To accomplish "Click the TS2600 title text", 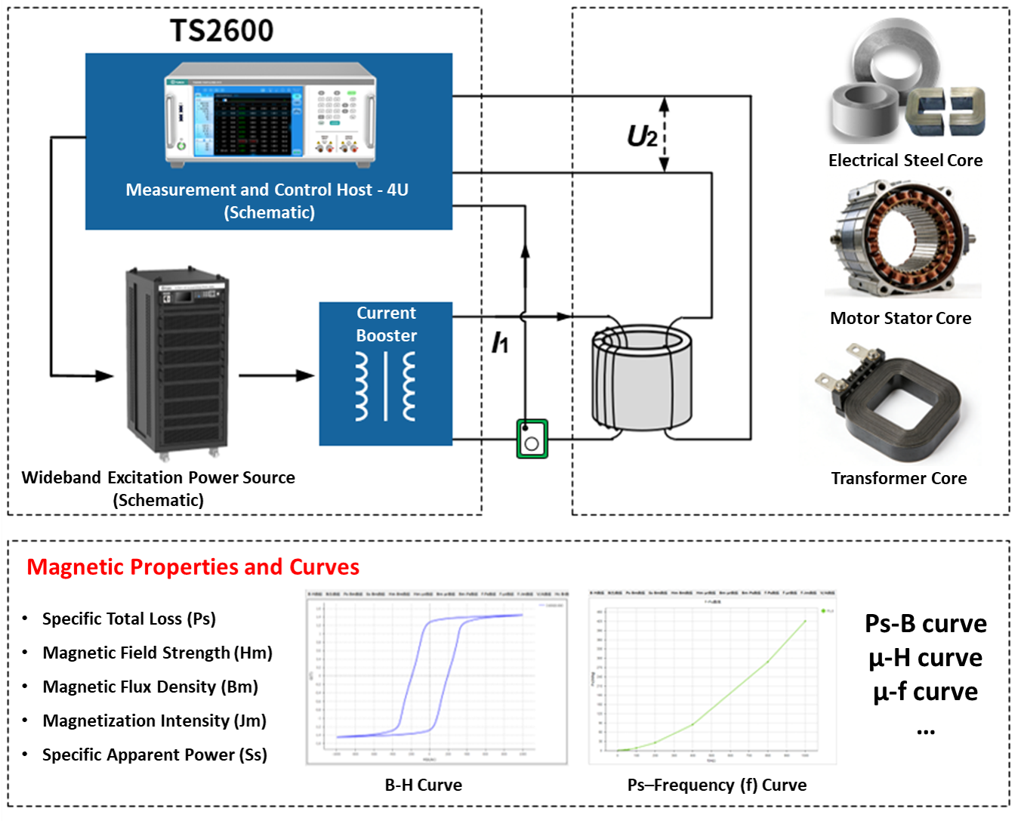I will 221,31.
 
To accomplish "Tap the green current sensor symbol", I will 532,439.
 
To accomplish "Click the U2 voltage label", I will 642,137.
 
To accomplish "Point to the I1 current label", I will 500,342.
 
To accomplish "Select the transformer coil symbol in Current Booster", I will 385,386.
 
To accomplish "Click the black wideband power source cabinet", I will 177,363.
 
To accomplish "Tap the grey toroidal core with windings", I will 642,378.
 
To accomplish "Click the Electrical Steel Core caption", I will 905,160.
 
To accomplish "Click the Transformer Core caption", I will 899,478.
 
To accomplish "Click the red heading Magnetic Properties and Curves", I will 193,566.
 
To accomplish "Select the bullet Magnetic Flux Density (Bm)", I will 150,687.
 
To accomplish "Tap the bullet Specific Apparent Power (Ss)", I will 154,755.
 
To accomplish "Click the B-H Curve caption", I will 423,785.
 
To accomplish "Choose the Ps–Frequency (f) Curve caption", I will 717,785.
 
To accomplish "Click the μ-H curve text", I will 925,658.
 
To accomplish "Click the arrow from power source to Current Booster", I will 276,375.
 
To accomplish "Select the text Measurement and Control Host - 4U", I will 267,190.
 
